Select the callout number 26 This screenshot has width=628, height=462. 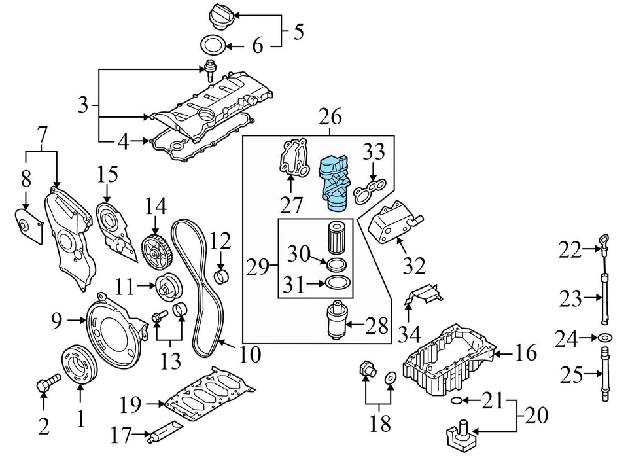[x=330, y=118]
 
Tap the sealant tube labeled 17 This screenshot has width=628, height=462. [x=162, y=435]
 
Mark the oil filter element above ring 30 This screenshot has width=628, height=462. [x=337, y=237]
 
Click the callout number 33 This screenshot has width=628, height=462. [x=374, y=154]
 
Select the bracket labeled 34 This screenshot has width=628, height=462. [x=423, y=294]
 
